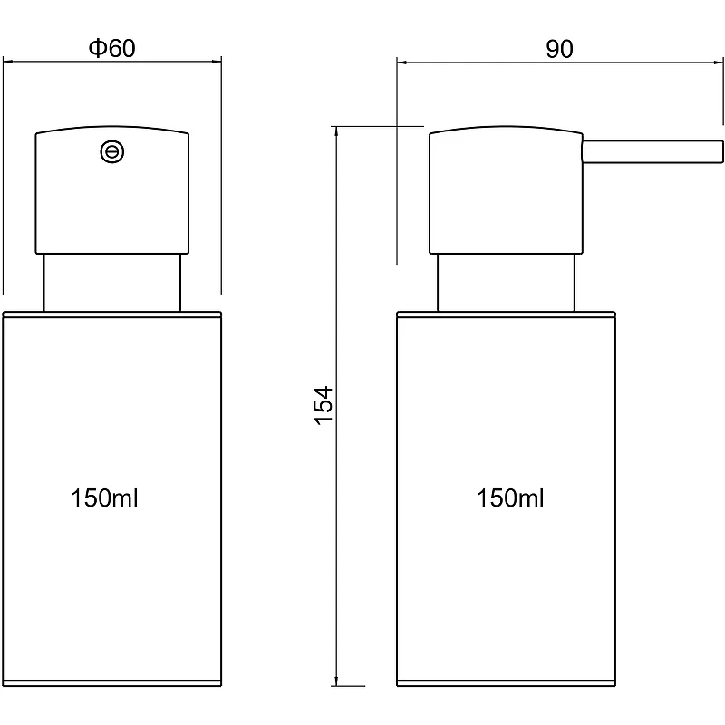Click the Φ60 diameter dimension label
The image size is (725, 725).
pos(111,48)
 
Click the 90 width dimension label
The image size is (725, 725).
pos(559,49)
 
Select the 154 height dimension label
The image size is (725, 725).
pos(324,405)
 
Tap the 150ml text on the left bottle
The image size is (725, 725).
pos(104,498)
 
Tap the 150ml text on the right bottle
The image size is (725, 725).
pos(510,498)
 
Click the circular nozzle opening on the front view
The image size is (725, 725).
pos(112,151)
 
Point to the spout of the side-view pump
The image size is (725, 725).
pos(652,151)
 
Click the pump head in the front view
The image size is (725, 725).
pos(111,190)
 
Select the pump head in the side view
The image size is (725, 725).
pos(506,190)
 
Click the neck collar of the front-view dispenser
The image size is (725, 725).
pos(111,283)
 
